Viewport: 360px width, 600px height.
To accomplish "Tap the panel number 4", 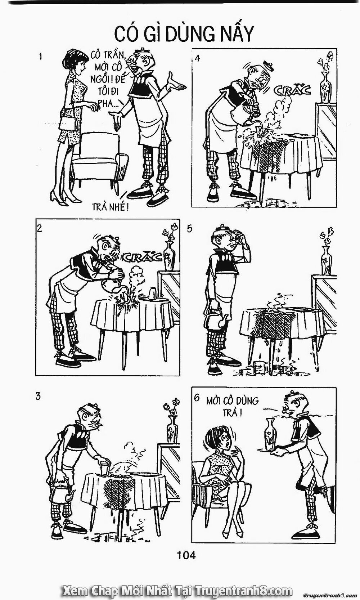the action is (197, 58).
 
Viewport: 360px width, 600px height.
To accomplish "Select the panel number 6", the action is (197, 398).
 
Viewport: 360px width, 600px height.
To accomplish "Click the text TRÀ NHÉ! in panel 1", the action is (110, 207).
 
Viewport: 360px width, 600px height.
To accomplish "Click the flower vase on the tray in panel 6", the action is (270, 434).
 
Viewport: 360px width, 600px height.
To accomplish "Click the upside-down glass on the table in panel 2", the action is (153, 294).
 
